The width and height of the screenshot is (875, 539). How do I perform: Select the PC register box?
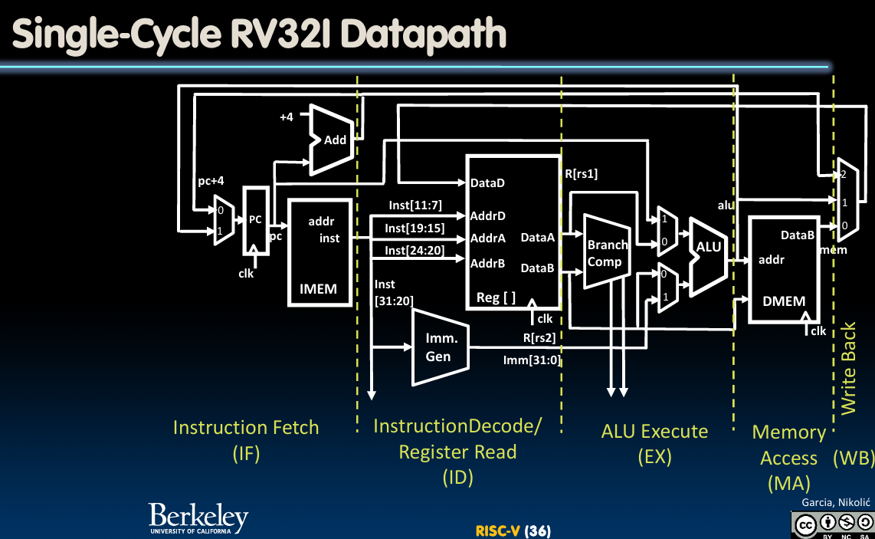coord(255,220)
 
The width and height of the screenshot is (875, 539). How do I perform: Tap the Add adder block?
coord(333,139)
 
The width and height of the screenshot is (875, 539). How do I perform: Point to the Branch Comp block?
coord(605,253)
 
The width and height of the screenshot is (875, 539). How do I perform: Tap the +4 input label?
coord(287,117)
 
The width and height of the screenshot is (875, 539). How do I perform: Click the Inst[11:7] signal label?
coord(415,205)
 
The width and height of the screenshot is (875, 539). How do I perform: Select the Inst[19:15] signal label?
coord(415,228)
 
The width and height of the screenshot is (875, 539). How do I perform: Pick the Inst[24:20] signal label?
coord(415,250)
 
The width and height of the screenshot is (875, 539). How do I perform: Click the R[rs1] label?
coord(581,173)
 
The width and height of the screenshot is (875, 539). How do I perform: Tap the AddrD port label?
coord(488,215)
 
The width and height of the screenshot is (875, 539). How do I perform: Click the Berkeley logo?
coord(198,518)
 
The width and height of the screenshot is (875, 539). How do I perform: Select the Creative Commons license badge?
coord(833,524)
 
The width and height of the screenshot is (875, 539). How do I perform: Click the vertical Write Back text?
coord(848,368)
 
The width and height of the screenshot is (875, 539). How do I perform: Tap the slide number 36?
coord(539,531)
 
